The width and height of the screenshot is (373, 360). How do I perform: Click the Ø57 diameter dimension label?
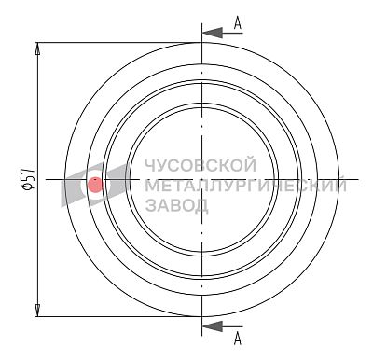pos(28,179)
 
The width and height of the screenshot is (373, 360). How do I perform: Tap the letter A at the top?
pos(238,23)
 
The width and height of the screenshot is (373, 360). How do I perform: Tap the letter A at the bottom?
pos(238,339)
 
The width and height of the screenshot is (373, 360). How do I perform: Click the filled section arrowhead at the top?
pos(213,33)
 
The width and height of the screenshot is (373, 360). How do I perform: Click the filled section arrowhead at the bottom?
pos(213,326)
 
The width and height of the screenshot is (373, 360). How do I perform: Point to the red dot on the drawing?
pos(95,185)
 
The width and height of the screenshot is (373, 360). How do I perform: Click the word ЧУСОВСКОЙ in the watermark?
pos(201,165)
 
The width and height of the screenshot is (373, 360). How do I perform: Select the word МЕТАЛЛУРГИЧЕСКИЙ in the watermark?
pos(246,186)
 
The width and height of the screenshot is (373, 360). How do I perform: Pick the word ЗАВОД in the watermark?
pos(177,205)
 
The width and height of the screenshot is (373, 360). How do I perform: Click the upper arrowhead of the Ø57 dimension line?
pos(37,48)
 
